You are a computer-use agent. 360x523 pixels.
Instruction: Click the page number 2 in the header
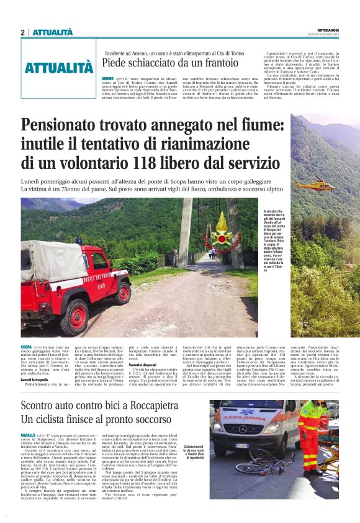(22, 32)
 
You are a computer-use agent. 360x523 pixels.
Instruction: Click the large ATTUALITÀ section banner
(59, 68)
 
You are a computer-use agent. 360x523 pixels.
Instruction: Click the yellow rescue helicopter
(315, 184)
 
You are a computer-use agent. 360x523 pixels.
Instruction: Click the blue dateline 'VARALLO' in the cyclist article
(28, 435)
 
